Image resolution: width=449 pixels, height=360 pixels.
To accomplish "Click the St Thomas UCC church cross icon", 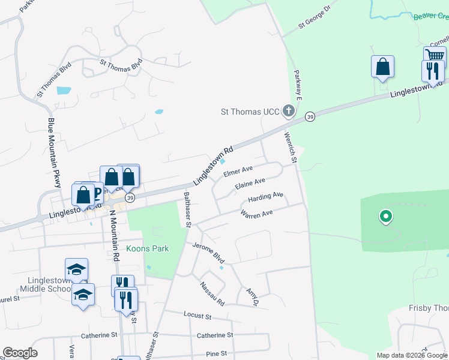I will pos(289,111).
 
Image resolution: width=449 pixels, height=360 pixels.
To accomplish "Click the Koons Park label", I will pos(148,248).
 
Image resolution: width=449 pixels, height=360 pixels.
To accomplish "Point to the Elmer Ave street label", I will pos(238,172).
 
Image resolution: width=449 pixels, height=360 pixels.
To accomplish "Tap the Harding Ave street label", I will pos(265,196).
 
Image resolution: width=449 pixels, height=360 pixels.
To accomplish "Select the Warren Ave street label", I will pos(256,214).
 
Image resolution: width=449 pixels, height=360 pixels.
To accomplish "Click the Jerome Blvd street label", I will pos(208,253).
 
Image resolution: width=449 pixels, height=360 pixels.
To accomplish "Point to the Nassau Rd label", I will pos(212,292).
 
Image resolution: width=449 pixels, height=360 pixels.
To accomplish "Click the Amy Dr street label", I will pos(252,296).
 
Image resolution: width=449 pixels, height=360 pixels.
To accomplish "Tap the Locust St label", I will pos(199,316).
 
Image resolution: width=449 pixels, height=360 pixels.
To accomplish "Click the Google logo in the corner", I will pos(20,353).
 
